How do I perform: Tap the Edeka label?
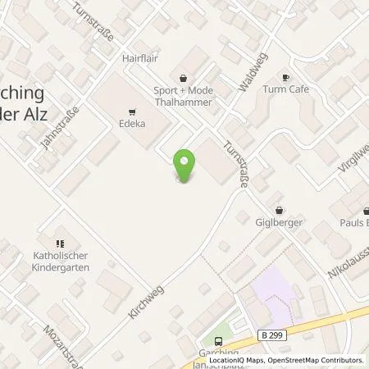click(x=133, y=125)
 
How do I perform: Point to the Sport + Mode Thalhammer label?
click(x=182, y=95)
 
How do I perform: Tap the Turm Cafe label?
click(x=285, y=89)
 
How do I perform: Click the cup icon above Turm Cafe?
click(x=285, y=75)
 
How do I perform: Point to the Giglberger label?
click(x=280, y=222)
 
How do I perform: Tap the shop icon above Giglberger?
click(x=280, y=209)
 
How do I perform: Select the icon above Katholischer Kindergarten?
click(x=59, y=243)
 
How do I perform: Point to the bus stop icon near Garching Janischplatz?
click(x=216, y=342)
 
